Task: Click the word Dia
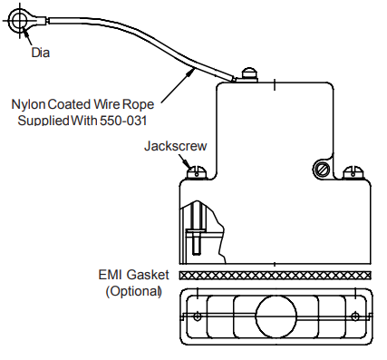41,52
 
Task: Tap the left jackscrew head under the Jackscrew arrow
194,170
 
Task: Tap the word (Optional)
133,291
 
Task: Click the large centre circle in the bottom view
276,316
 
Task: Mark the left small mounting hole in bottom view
197,316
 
